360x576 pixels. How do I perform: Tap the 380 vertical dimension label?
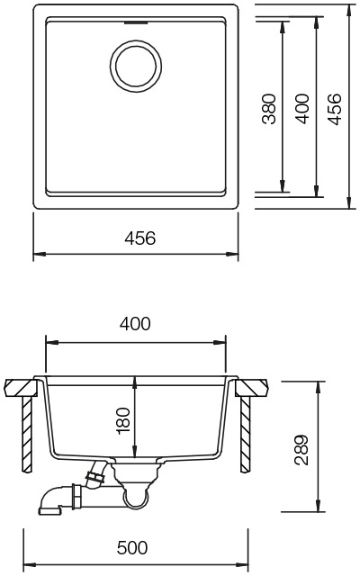tap(269, 109)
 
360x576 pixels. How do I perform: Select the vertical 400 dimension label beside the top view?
tap(302, 109)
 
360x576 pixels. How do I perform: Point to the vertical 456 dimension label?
tap(335, 109)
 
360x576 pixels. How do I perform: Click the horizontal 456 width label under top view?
tap(140, 238)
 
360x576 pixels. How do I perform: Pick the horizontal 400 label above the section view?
tap(135, 324)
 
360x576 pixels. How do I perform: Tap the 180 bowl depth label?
tap(123, 421)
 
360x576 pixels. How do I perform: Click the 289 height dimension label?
tap(302, 450)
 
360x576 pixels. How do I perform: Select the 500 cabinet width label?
tap(132, 548)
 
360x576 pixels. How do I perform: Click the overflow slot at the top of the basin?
tap(136, 22)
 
